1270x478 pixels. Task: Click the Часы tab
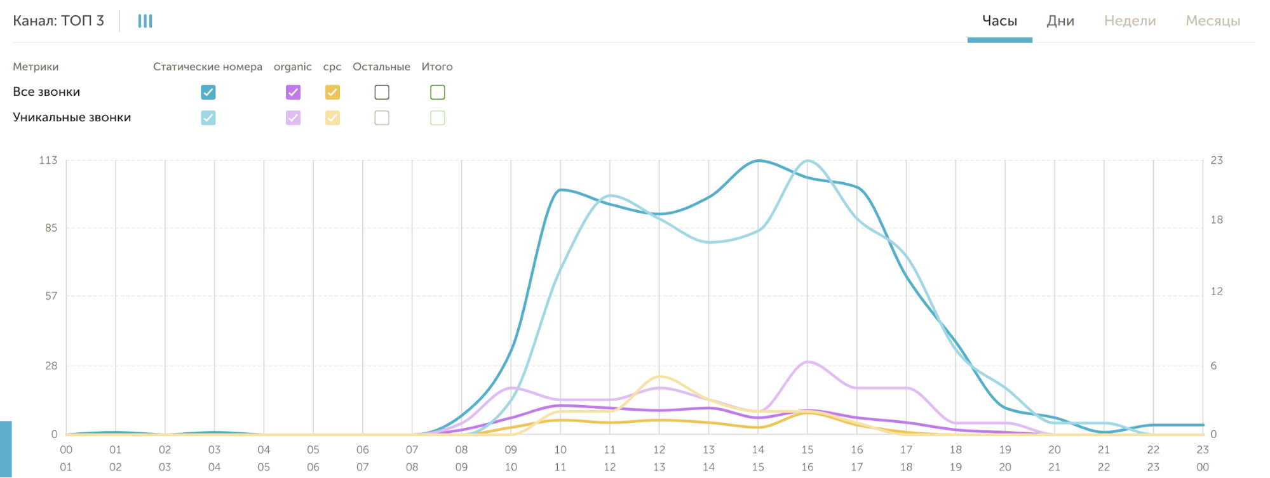[x=999, y=21]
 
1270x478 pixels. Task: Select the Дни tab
[x=1060, y=21]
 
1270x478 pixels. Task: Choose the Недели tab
[x=1130, y=21]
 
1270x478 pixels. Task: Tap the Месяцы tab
[x=1213, y=21]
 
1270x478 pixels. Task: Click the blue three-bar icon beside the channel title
[x=145, y=21]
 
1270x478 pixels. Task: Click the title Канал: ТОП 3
[x=58, y=21]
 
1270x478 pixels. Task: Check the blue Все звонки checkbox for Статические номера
[x=208, y=92]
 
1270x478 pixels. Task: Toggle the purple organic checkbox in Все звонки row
[x=293, y=92]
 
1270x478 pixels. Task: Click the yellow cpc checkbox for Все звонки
[x=332, y=92]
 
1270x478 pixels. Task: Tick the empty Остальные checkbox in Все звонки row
[x=382, y=92]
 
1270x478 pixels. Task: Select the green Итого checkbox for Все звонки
[x=438, y=92]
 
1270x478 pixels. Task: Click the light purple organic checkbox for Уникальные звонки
[x=293, y=117]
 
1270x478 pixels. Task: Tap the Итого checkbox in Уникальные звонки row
[x=438, y=117]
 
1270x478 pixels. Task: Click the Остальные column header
[x=381, y=67]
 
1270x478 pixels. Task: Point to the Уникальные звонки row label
[x=72, y=117]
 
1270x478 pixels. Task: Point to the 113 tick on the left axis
[x=48, y=160]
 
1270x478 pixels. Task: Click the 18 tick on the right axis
[x=1217, y=220]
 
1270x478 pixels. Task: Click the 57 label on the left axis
[x=51, y=296]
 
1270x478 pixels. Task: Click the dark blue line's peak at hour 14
[x=758, y=161]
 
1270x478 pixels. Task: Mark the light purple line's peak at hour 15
[x=807, y=362]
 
